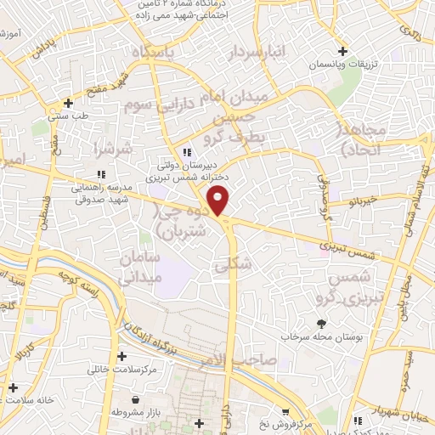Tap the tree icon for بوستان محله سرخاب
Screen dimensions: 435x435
(x=321, y=323)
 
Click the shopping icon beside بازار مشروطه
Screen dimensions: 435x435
(x=135, y=399)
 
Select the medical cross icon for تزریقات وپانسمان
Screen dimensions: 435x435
(x=342, y=50)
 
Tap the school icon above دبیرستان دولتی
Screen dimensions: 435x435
(x=174, y=151)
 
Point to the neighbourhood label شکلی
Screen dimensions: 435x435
(x=234, y=264)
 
